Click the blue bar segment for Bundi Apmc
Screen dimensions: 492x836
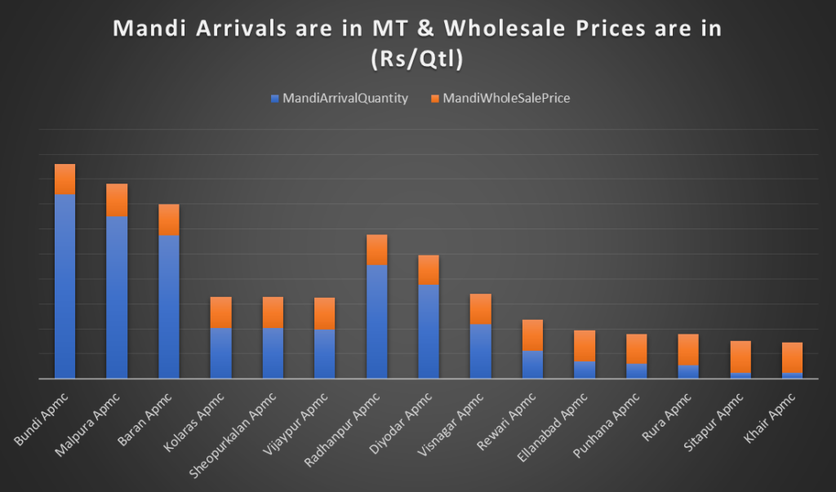(x=64, y=286)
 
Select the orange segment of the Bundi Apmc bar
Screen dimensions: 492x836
(x=64, y=179)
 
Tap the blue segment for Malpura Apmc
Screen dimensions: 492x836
(x=117, y=297)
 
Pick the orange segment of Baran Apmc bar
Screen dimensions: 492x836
(x=169, y=219)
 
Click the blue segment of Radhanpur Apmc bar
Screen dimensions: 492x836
(x=377, y=321)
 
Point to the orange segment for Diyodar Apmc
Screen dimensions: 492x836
(x=429, y=270)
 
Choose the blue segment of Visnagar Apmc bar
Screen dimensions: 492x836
(x=481, y=351)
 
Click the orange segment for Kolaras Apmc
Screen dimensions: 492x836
(x=221, y=312)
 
